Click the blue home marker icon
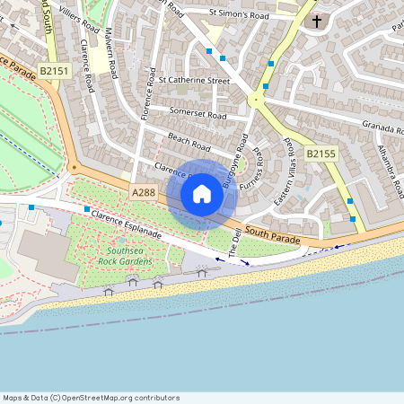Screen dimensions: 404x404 point(202,193)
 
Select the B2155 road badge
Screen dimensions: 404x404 point(320,154)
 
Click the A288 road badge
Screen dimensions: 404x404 point(144,193)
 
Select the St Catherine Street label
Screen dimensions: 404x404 point(194,80)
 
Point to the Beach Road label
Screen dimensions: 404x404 point(189,141)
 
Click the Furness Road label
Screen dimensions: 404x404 point(259,167)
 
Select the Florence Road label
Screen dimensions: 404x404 point(148,97)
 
